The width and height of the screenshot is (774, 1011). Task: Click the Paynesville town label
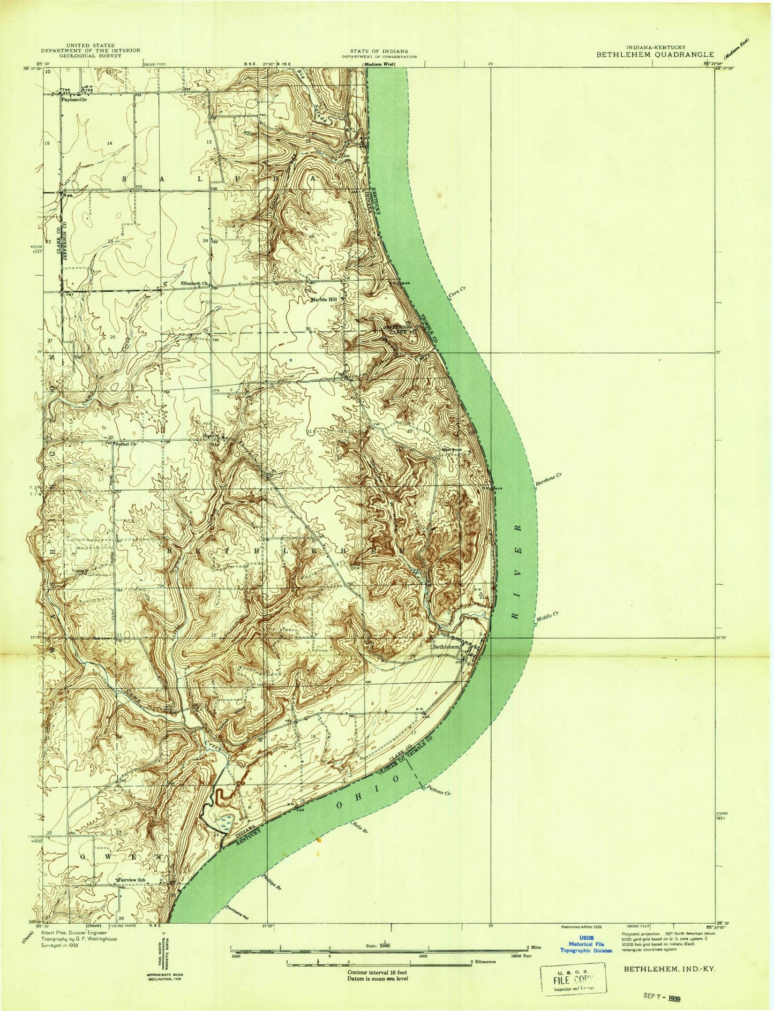[74, 99]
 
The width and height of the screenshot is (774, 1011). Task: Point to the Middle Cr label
[547, 617]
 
